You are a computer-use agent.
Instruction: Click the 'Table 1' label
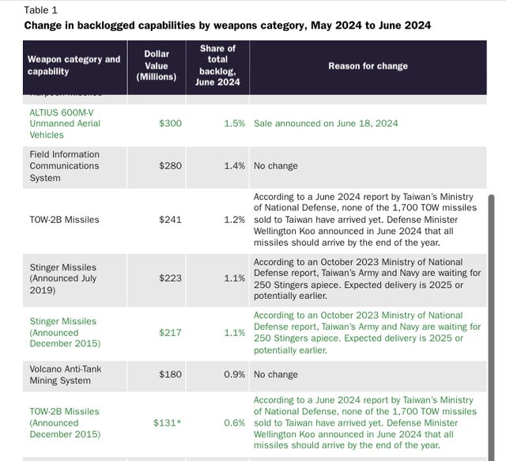tap(40, 10)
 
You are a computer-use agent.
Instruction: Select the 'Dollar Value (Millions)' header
tap(157, 66)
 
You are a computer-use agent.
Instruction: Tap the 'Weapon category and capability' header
tap(74, 66)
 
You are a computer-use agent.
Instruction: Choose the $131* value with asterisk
tap(168, 423)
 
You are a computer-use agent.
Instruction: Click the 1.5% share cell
tap(233, 123)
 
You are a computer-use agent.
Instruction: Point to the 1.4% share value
tap(233, 166)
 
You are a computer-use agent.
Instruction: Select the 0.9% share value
tap(233, 374)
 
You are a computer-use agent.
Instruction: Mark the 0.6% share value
tap(233, 423)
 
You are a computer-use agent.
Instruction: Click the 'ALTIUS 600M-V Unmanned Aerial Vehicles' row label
tap(65, 123)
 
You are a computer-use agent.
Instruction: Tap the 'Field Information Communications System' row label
tap(65, 166)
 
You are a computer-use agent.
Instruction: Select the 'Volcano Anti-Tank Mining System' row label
tap(66, 374)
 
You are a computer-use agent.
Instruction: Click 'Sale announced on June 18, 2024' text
tap(326, 123)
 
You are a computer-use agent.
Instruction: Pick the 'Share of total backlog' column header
tap(217, 65)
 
